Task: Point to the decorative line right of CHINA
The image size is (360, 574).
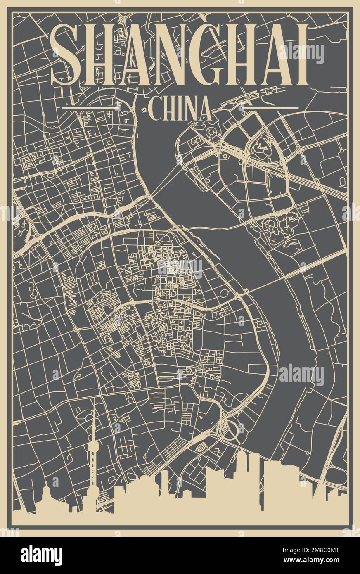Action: pos(270,108)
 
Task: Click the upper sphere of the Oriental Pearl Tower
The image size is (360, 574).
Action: pos(93,446)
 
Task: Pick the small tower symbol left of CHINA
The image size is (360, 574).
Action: pos(144,110)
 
